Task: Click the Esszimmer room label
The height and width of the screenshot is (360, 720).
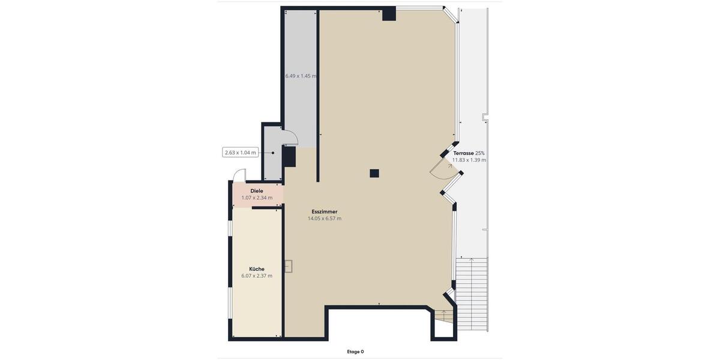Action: [x=324, y=212]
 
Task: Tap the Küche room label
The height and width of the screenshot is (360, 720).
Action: [x=257, y=269]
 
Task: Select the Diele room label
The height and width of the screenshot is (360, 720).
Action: [x=257, y=191]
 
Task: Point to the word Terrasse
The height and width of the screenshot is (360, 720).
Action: [x=463, y=153]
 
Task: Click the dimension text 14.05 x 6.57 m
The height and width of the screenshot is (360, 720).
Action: [x=324, y=219]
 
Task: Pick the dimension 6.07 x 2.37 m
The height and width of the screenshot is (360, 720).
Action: [x=257, y=276]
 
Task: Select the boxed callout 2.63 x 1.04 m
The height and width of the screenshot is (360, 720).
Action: [x=240, y=152]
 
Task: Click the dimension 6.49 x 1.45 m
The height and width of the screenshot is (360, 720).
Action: [x=301, y=76]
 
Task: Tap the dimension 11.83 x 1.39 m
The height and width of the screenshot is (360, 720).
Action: [x=469, y=160]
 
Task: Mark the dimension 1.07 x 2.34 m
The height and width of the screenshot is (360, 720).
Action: [x=257, y=198]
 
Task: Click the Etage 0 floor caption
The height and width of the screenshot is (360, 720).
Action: [x=355, y=352]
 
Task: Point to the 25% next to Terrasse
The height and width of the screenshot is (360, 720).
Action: [x=480, y=153]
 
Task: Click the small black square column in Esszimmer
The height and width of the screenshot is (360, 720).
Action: [x=374, y=173]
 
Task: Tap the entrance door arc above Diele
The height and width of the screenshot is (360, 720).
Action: [x=239, y=175]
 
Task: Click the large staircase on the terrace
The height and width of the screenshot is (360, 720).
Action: [x=472, y=294]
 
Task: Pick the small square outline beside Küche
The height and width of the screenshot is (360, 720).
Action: [x=288, y=266]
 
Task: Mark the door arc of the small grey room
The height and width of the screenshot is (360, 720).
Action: [x=290, y=137]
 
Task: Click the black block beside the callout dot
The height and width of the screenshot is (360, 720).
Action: [x=289, y=157]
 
